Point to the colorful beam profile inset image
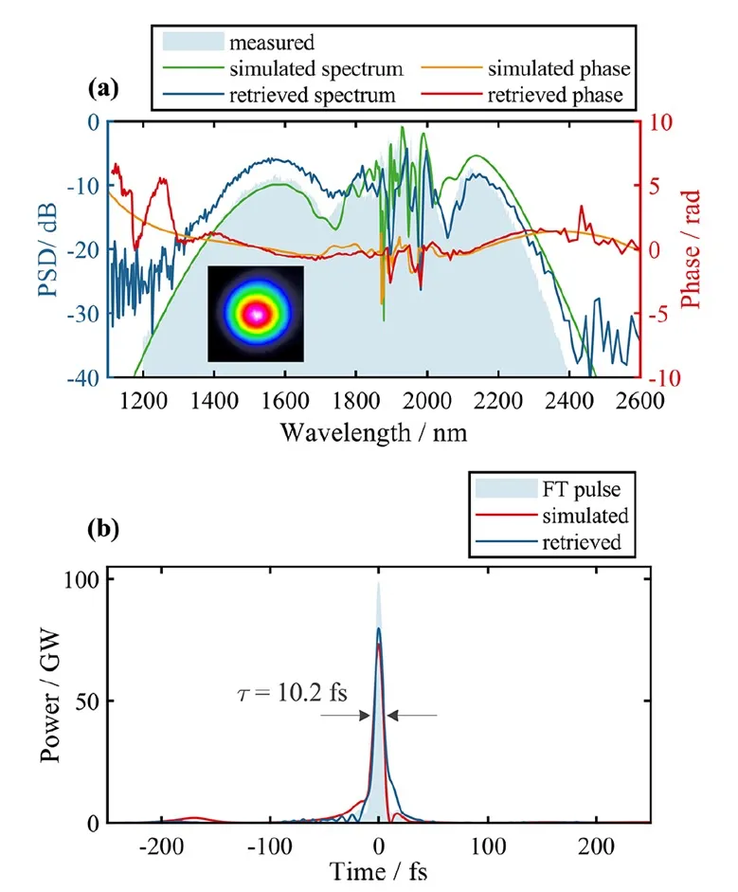click(x=256, y=314)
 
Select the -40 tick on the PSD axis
click(x=86, y=378)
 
